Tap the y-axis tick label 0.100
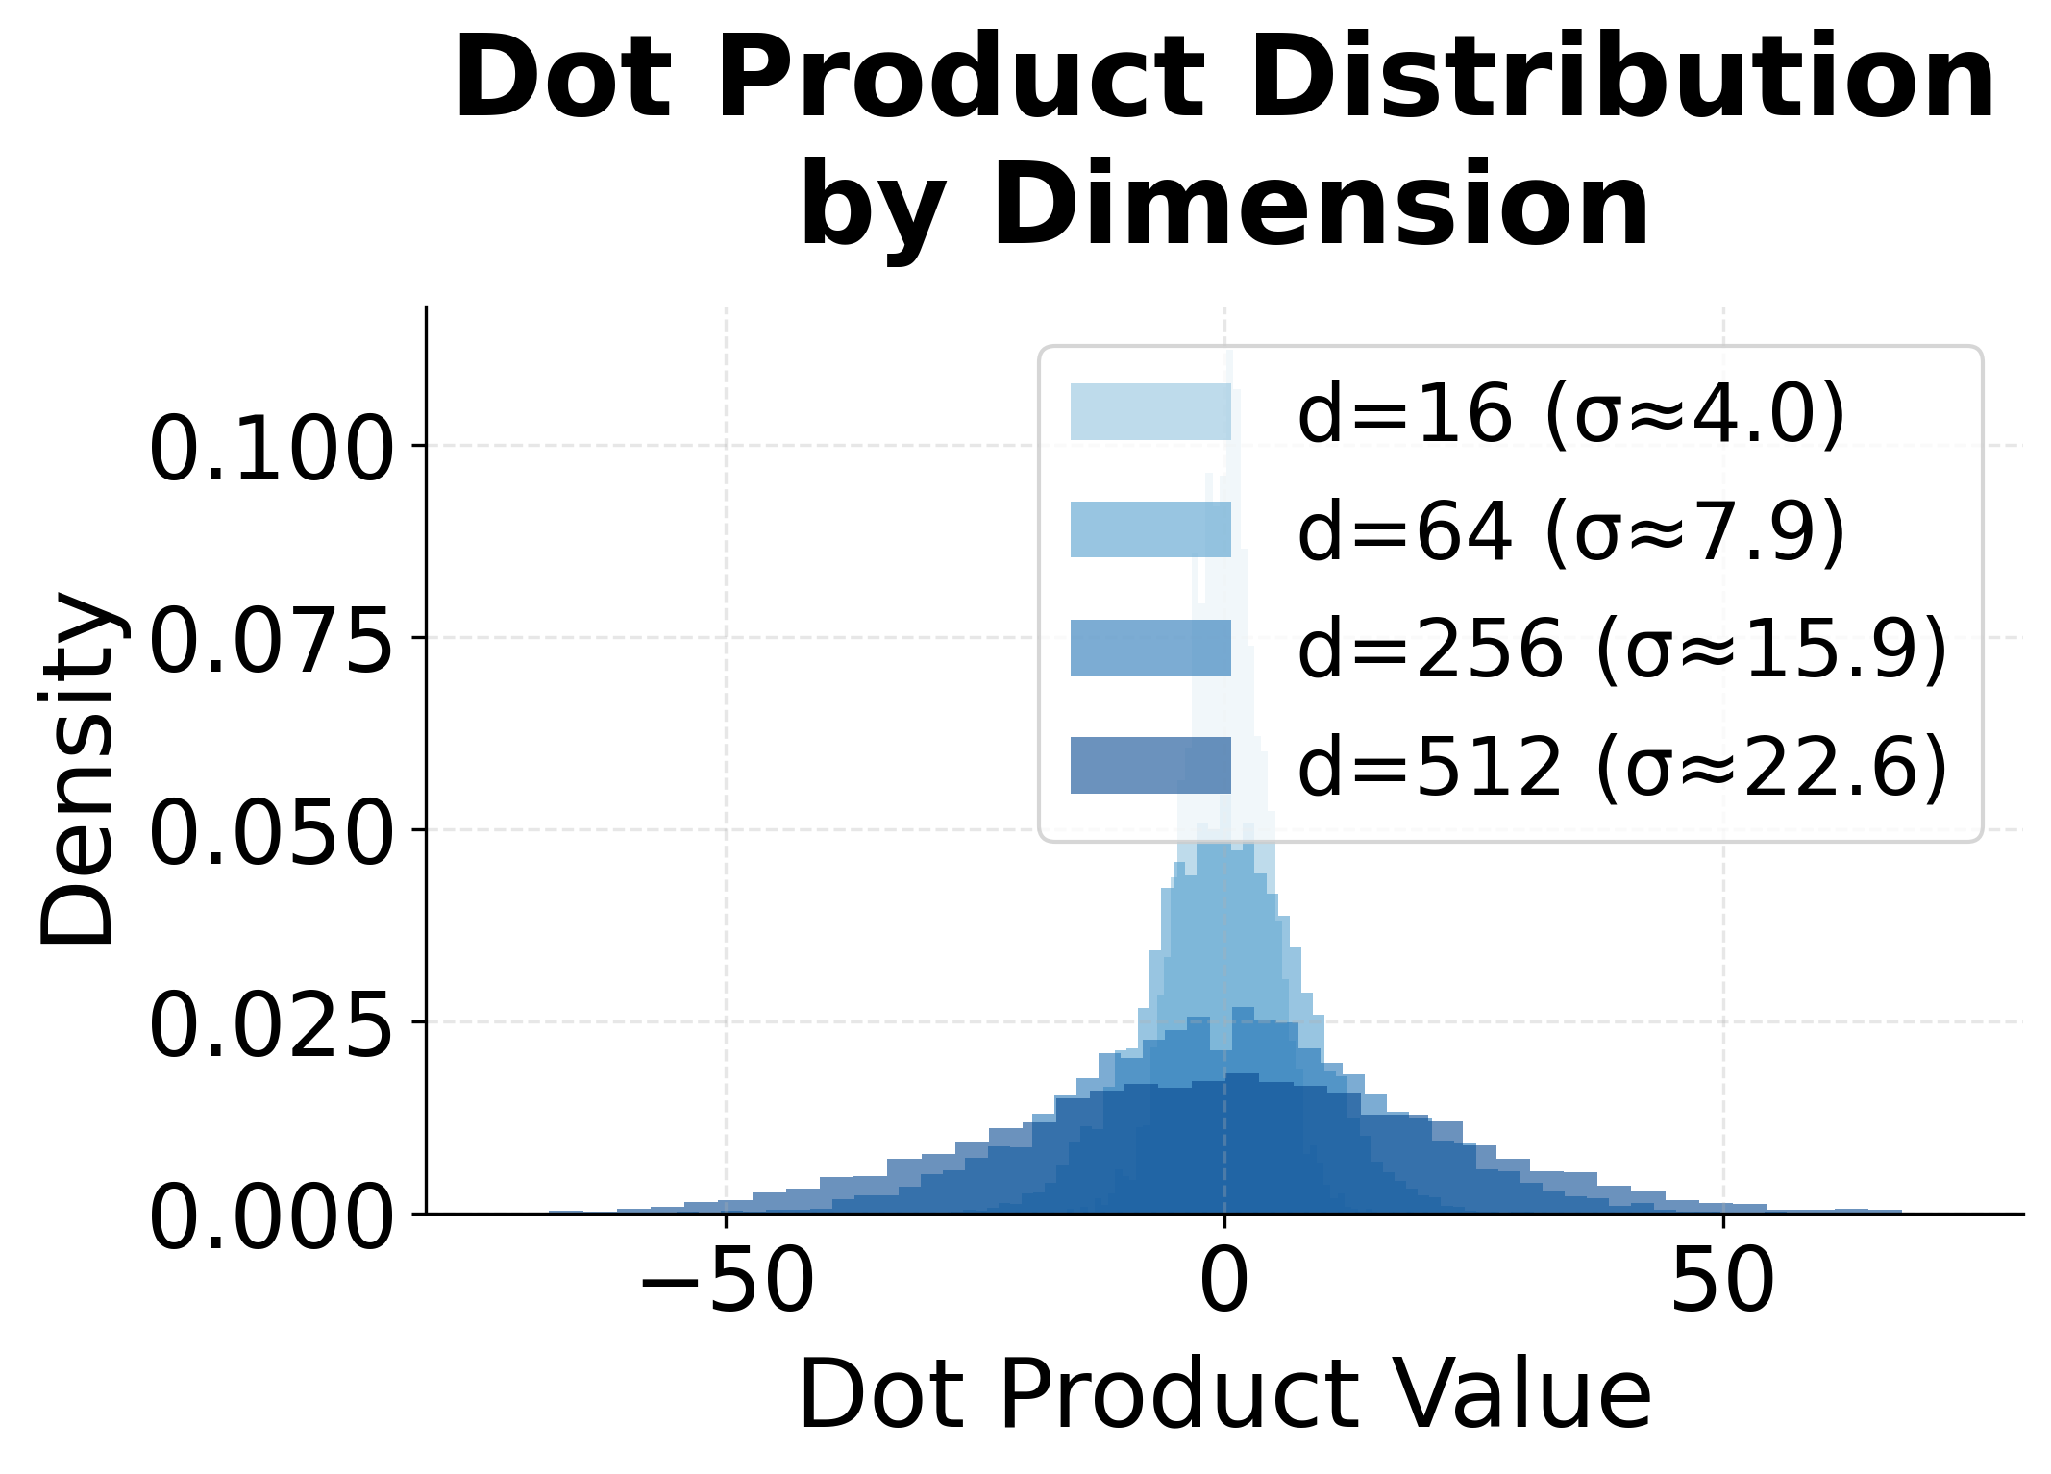(x=271, y=449)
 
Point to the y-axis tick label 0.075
(x=271, y=641)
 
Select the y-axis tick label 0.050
(x=271, y=833)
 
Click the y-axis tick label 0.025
(x=271, y=1025)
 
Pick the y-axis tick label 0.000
(x=271, y=1217)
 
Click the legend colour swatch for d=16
(x=1150, y=412)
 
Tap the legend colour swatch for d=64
(x=1150, y=529)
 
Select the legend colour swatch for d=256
(x=1150, y=648)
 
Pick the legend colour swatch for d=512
(x=1150, y=765)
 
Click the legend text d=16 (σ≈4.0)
(x=1570, y=414)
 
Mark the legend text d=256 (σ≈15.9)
(x=1621, y=650)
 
